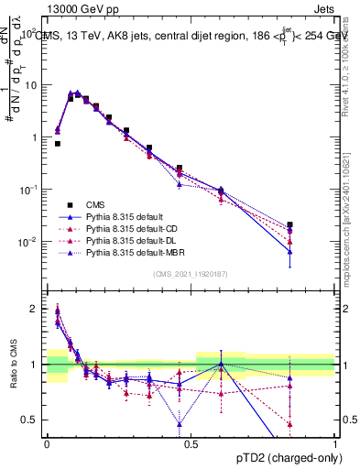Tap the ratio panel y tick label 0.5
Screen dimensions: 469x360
(x=31, y=420)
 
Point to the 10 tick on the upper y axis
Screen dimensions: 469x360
(x=31, y=84)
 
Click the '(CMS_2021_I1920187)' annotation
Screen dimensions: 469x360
(x=190, y=274)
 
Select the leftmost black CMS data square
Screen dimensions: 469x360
(x=58, y=144)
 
